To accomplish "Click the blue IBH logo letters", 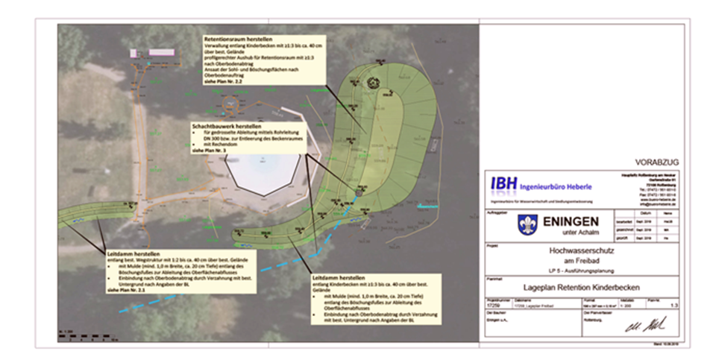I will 505,183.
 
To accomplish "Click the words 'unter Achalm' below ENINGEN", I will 568,233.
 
